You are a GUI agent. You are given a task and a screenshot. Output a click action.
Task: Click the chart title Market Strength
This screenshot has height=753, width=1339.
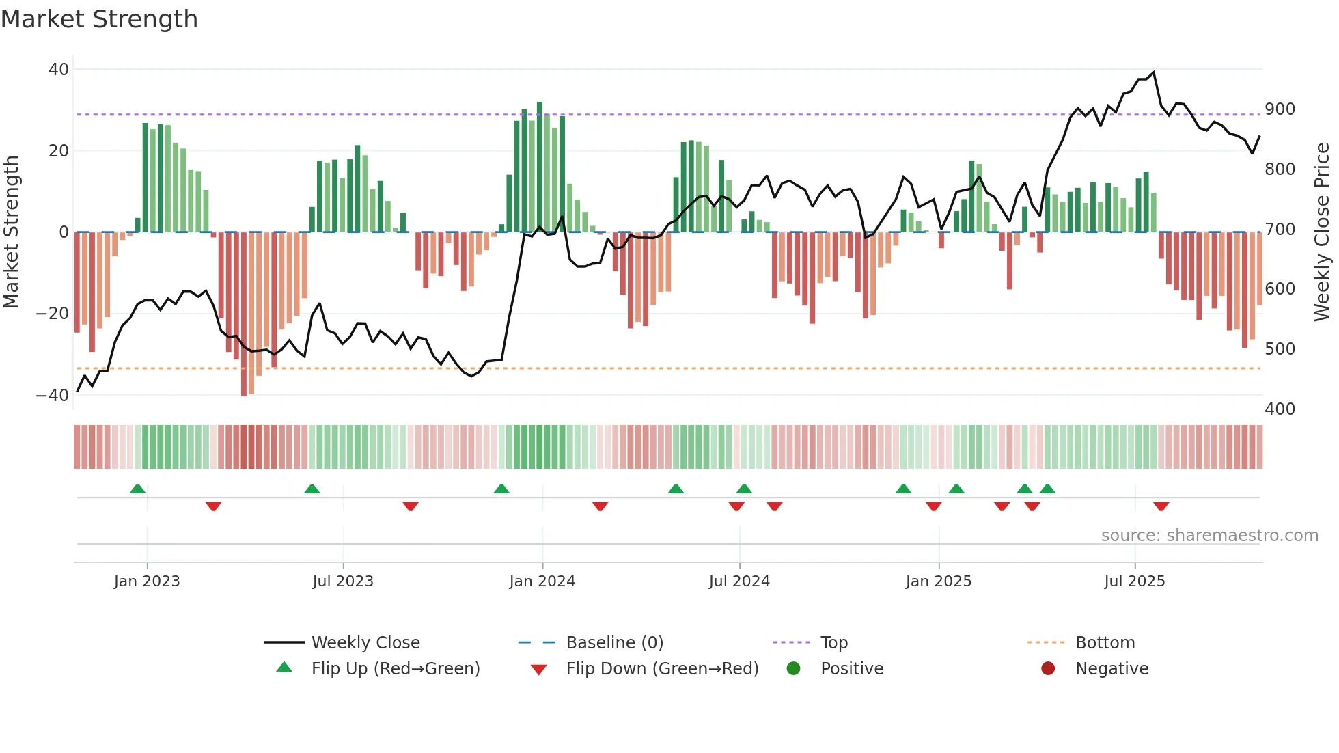99,19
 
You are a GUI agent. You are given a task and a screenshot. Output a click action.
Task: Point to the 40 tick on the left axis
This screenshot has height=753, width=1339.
59,69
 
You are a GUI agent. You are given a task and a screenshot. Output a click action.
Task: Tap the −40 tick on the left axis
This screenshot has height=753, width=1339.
53,395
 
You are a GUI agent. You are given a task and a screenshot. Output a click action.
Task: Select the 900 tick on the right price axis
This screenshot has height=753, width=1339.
1280,109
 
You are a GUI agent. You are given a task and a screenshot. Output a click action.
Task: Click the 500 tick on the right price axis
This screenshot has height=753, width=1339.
1280,349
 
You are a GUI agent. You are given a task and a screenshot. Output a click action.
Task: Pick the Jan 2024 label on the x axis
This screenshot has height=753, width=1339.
542,581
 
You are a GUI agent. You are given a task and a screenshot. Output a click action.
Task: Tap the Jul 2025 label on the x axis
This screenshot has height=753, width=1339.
1134,581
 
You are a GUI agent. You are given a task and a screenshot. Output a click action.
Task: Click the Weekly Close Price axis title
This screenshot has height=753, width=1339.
1322,232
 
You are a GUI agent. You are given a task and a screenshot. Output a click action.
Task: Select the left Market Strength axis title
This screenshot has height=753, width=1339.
12,232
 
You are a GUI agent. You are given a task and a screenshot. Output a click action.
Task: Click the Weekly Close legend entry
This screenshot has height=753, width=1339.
365,643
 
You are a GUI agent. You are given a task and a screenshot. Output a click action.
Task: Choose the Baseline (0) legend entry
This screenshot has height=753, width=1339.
614,643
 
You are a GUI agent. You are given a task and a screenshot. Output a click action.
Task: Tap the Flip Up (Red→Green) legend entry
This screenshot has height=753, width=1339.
395,669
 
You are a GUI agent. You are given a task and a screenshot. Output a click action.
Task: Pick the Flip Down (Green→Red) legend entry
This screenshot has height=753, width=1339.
661,669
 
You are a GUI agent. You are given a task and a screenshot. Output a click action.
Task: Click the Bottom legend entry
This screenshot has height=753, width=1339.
1105,643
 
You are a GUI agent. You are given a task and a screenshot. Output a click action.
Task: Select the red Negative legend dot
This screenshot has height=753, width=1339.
1047,668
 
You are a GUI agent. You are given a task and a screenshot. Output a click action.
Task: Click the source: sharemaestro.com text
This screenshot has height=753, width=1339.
1209,536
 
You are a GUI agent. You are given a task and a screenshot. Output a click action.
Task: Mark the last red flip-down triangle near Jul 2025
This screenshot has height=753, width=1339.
1161,506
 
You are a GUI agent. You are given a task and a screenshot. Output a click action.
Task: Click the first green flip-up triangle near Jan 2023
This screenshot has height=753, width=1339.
137,489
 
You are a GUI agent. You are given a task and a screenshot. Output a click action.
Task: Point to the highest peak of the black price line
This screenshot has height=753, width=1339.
1153,72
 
